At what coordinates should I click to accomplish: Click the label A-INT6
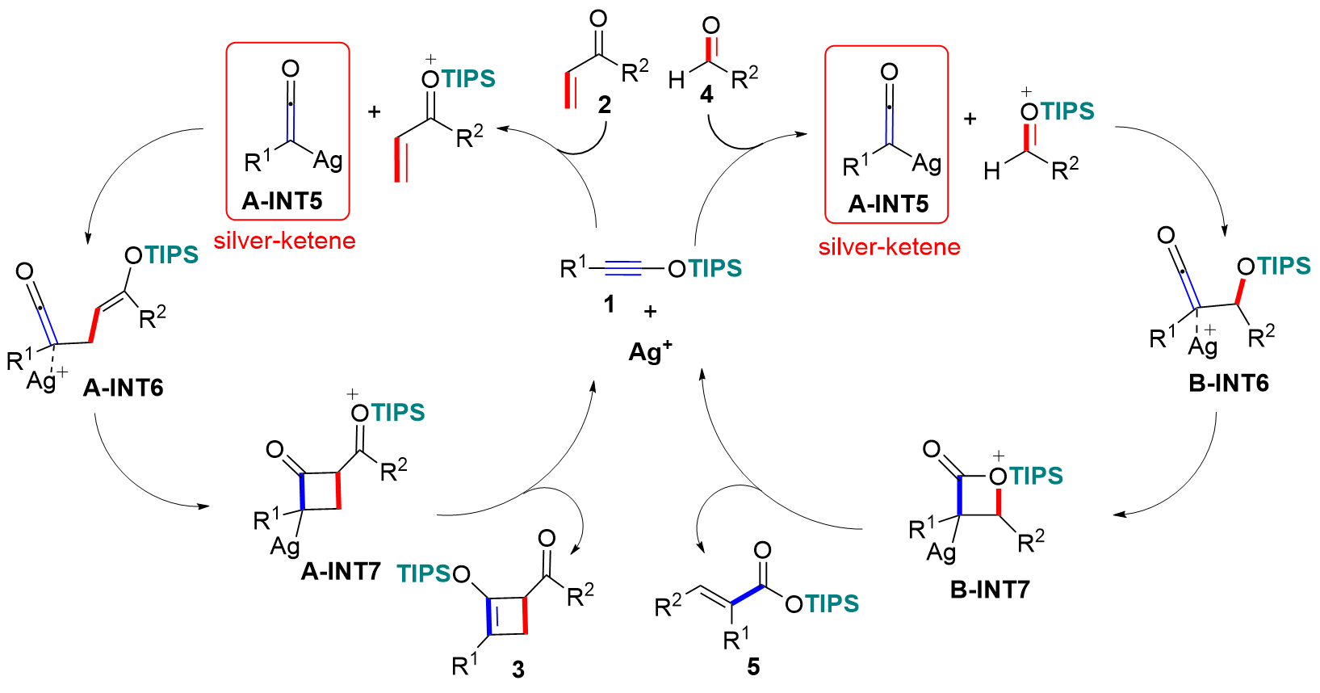tap(123, 388)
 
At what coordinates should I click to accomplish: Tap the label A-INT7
tap(340, 571)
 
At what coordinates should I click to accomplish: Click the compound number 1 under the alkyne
tap(609, 304)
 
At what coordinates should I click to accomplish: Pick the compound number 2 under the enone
tap(605, 104)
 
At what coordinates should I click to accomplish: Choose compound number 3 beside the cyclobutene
tap(518, 669)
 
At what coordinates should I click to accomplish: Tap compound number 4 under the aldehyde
tap(706, 94)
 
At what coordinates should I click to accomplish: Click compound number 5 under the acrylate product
tap(753, 666)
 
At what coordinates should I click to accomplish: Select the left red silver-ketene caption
tap(284, 241)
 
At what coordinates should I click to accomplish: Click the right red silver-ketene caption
tap(889, 246)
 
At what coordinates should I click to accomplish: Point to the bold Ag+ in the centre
tap(650, 351)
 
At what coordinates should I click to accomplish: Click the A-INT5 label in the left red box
tap(282, 200)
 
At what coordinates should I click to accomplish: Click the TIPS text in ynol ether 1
tap(714, 268)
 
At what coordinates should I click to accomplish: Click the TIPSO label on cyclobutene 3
tap(434, 573)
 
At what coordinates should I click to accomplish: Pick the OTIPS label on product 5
tap(822, 603)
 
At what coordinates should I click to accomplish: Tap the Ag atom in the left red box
tap(327, 160)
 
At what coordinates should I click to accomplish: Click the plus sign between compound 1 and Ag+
tap(651, 311)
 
